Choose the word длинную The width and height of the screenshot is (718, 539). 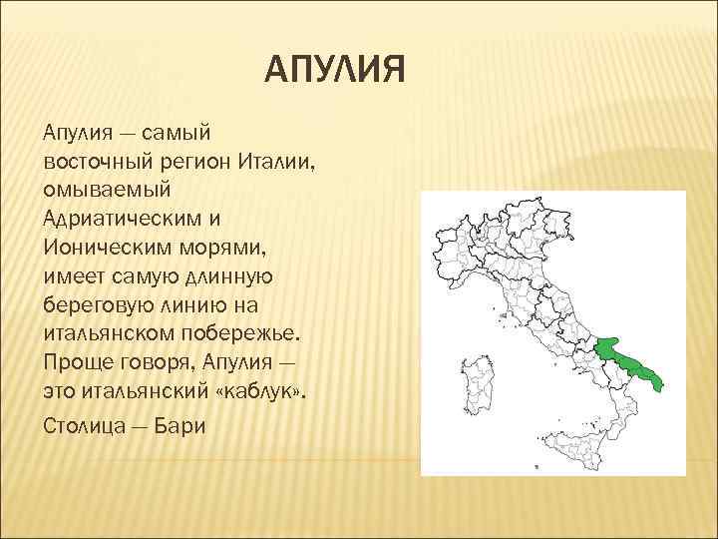240,273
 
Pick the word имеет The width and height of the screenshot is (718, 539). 73,273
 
